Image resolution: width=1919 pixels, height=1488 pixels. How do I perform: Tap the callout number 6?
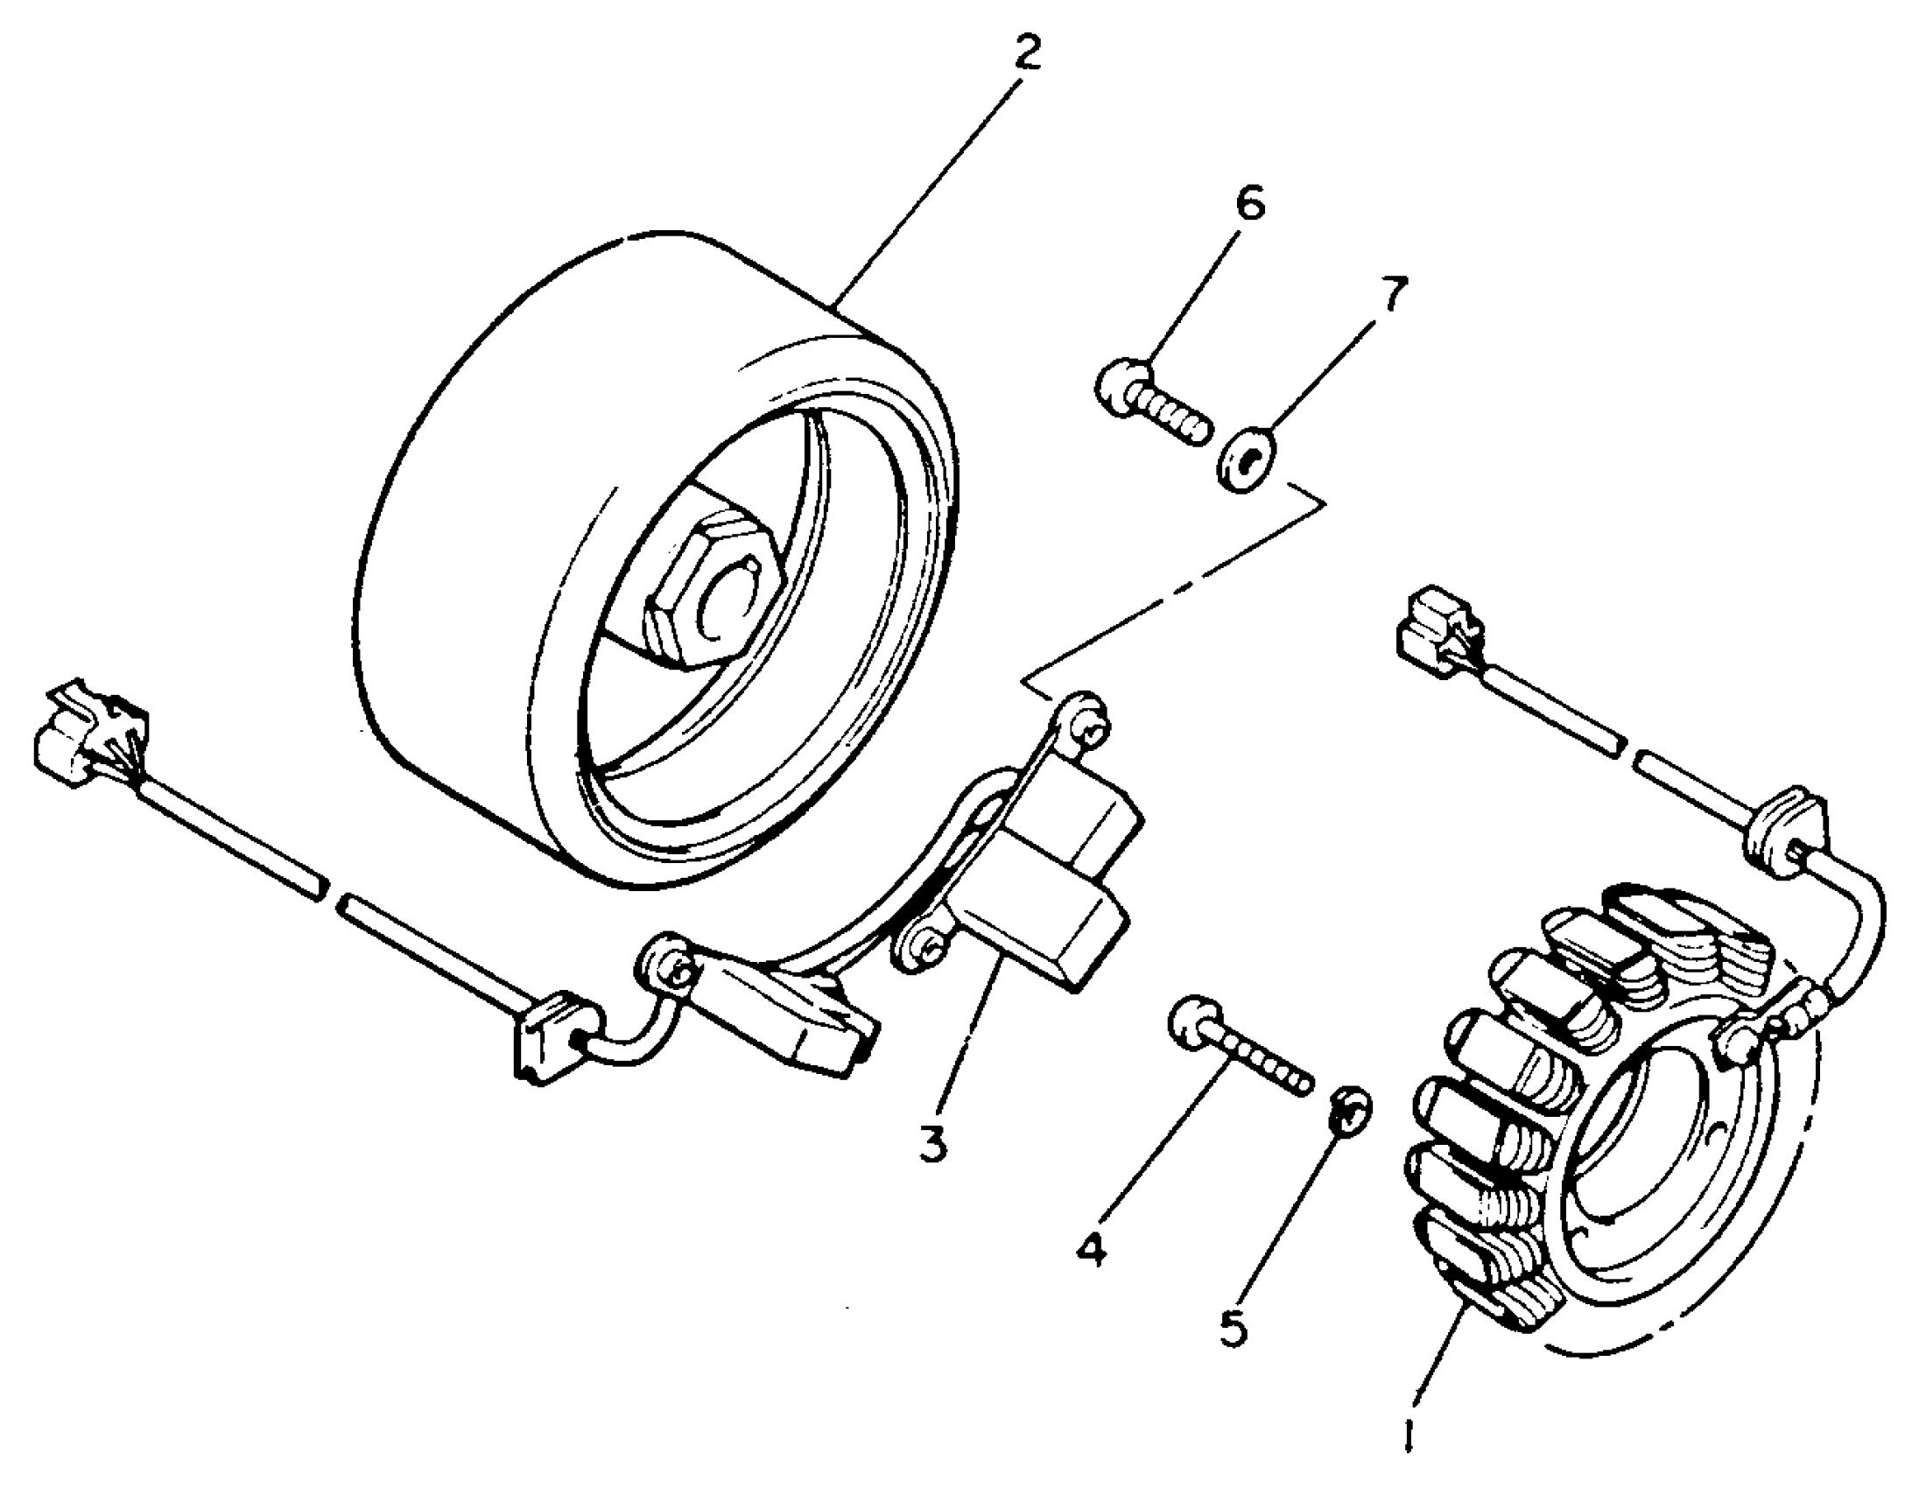click(x=1248, y=204)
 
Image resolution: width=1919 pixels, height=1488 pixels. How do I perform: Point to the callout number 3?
click(x=933, y=1144)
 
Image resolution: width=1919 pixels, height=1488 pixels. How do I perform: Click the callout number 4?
click(x=1093, y=1248)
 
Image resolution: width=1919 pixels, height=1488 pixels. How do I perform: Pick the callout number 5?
click(x=1234, y=1329)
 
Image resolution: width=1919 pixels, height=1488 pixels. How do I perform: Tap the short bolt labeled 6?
click(x=1151, y=410)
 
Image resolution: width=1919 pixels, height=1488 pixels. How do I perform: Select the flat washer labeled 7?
click(x=1247, y=456)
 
